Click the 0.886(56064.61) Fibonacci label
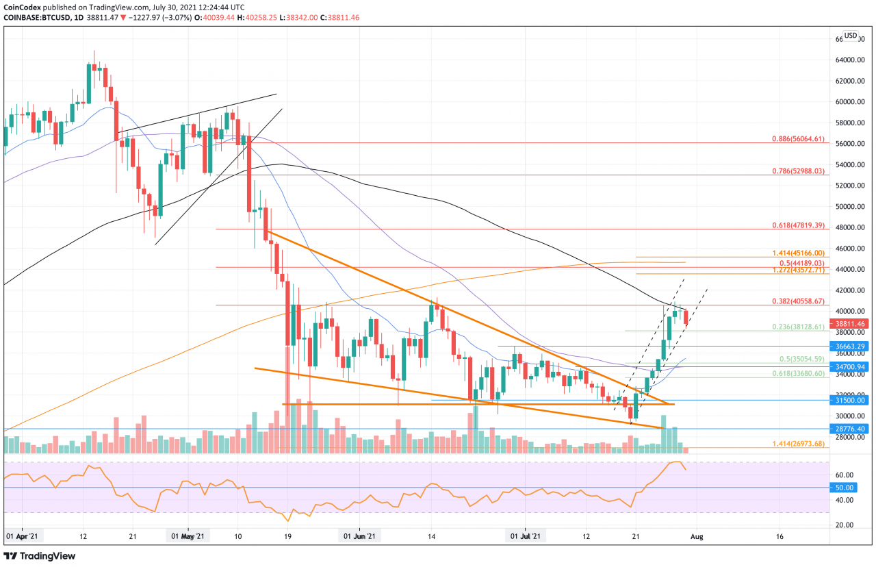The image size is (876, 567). pyautogui.click(x=797, y=139)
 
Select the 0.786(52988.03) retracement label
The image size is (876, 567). pyautogui.click(x=797, y=171)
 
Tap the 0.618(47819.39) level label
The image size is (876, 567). pyautogui.click(x=797, y=225)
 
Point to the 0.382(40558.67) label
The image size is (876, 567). pyautogui.click(x=797, y=301)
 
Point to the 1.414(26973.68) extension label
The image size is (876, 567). pyautogui.click(x=797, y=444)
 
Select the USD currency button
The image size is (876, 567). pyautogui.click(x=851, y=36)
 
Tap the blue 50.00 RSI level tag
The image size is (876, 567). pyautogui.click(x=847, y=488)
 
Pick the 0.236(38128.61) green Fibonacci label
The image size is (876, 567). pyautogui.click(x=797, y=327)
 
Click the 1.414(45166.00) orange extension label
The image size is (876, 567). pyautogui.click(x=797, y=253)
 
